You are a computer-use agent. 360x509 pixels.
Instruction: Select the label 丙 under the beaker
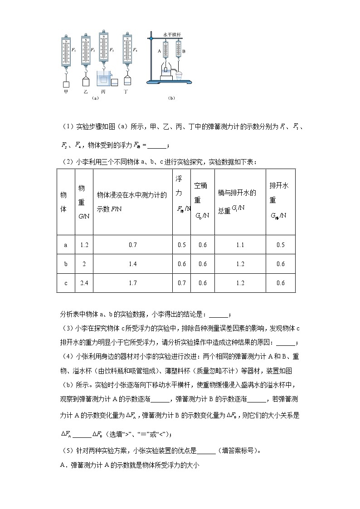point(103,91)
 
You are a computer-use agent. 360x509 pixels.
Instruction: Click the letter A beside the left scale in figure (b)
point(159,52)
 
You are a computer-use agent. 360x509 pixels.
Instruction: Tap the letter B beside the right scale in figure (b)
point(184,52)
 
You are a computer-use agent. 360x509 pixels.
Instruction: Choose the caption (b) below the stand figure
point(171,97)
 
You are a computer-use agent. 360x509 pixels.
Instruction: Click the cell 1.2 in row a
point(83,245)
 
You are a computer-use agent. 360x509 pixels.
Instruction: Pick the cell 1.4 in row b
point(132,264)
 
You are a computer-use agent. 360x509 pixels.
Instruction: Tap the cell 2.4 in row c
point(83,283)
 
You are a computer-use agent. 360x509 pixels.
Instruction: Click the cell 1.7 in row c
point(132,283)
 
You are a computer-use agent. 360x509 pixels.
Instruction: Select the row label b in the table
point(66,264)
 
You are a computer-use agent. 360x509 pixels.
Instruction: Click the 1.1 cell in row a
point(240,245)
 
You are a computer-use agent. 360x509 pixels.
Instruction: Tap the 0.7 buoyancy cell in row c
point(181,283)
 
